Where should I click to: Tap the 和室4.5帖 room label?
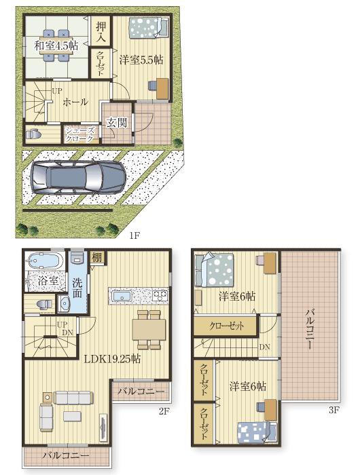pos(56,45)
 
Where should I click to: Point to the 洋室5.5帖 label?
pos(141,60)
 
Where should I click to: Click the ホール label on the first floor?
pos(75,102)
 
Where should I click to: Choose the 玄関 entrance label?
pos(116,123)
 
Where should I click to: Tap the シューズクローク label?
pos(80,135)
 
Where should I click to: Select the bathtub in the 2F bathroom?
pos(44,260)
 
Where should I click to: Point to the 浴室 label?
pos(48,280)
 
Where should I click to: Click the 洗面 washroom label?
pos(77,288)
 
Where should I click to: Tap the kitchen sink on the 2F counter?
pos(121,296)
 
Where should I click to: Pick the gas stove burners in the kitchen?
pos(160,295)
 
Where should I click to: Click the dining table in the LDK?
pos(149,329)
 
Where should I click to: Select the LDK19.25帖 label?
pos(112,359)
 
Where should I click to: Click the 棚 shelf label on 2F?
pos(97,258)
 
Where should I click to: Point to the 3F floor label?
pos(334,411)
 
